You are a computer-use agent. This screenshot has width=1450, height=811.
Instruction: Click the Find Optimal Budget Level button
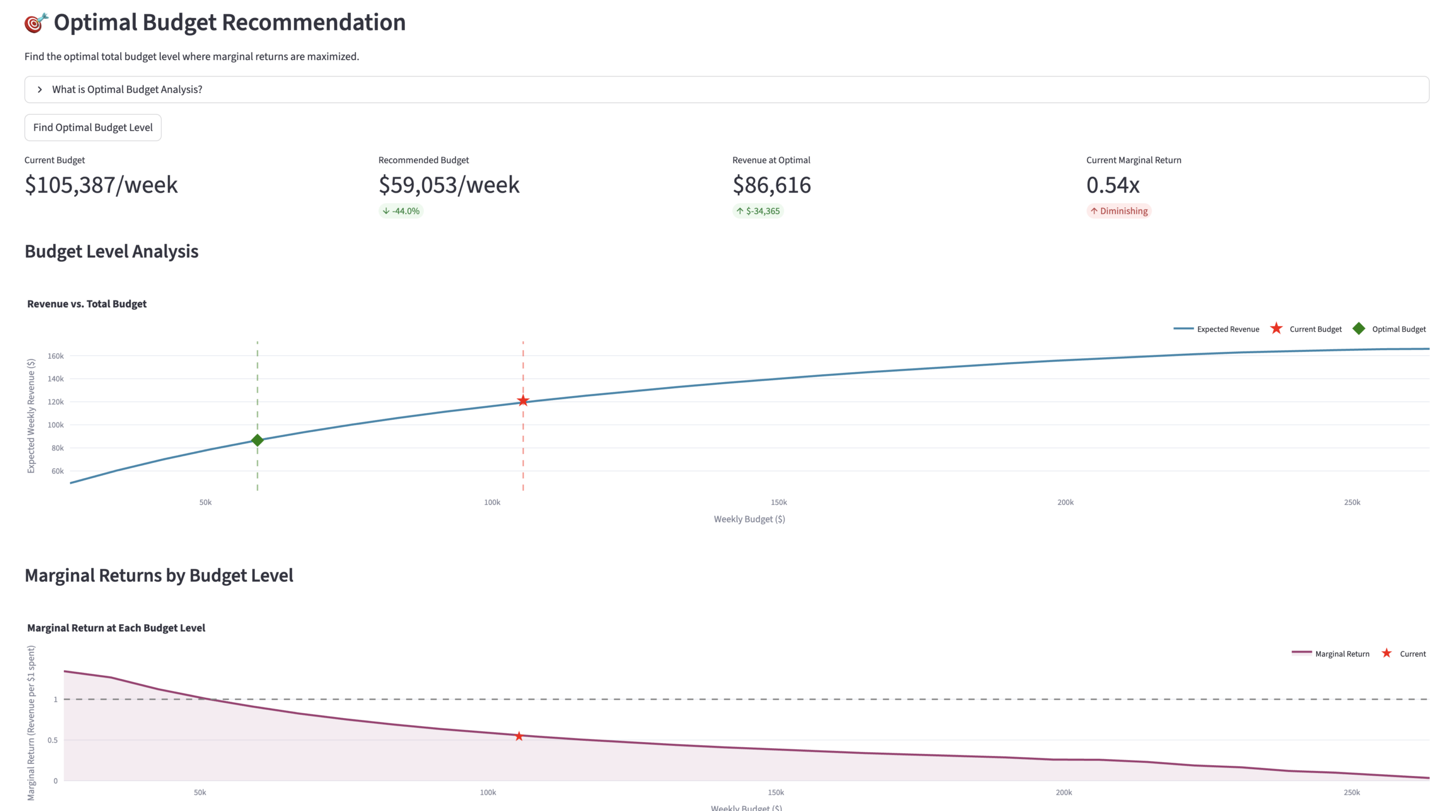coord(93,127)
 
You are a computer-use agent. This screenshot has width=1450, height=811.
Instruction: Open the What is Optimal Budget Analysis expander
coord(127,89)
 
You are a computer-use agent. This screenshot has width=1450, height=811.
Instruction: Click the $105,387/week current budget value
coord(101,185)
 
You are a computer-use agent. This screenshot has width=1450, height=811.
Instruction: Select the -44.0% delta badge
coord(401,211)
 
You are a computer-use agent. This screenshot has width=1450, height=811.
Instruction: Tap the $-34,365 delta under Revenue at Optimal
coord(758,211)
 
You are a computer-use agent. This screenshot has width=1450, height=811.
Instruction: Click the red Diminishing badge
coord(1119,211)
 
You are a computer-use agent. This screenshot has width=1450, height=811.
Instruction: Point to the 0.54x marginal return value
coord(1112,185)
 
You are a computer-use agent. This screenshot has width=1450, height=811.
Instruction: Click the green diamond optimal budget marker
coord(257,440)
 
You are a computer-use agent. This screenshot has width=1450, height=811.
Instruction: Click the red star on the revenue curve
coord(523,401)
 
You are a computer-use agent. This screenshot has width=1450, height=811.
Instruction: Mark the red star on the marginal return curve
coord(519,736)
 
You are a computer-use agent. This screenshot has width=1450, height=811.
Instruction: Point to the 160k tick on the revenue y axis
coord(56,356)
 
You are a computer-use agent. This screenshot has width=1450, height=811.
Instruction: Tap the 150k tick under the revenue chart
coord(779,503)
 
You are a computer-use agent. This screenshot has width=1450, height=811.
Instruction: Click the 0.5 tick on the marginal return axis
coord(53,740)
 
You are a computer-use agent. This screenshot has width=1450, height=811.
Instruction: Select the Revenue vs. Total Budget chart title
coord(87,304)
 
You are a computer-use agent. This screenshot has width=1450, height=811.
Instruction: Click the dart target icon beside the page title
coord(36,23)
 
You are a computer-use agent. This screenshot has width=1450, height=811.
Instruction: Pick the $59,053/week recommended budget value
coord(449,185)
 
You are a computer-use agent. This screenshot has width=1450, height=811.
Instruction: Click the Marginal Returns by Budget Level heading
coord(159,576)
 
